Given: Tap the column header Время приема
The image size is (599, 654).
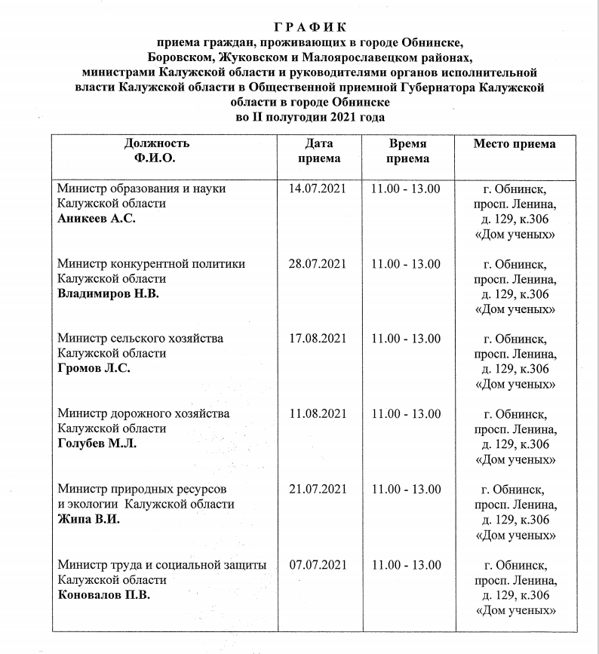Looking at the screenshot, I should tap(407, 151).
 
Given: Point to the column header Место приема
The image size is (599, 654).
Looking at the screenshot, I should tap(515, 144).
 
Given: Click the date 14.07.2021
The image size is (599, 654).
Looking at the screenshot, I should tap(318, 189).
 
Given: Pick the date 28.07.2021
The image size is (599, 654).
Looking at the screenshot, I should tap(318, 264).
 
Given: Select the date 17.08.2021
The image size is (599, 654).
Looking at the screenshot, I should tap(318, 339).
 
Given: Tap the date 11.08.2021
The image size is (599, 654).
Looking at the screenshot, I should tap(318, 413).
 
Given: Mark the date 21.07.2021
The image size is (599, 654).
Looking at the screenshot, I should tap(318, 489).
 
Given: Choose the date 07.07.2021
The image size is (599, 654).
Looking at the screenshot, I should tap(318, 564).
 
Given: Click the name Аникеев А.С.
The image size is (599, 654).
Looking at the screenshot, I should tap(97, 219).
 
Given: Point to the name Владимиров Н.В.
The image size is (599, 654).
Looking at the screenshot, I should tap(109, 293).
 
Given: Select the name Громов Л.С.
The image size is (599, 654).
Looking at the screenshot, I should tap(94, 368).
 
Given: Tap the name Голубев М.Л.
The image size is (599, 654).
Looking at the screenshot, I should tap(97, 444).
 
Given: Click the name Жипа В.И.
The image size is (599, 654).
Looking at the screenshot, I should tap(88, 519).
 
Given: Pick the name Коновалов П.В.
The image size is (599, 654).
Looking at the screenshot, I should tap(104, 594).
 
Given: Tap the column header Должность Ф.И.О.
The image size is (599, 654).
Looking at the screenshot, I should tap(157, 151).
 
